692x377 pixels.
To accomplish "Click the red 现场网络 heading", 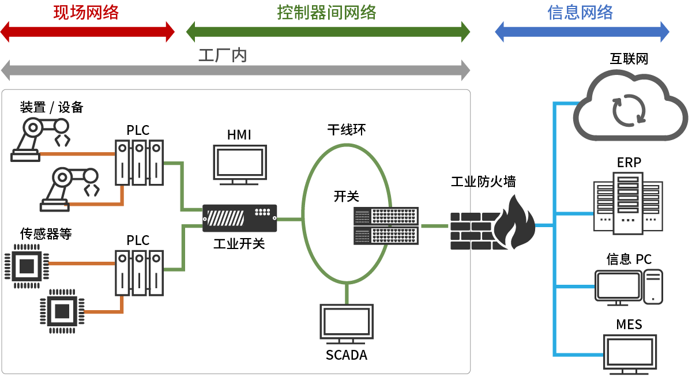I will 86,12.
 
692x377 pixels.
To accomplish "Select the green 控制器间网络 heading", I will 326,12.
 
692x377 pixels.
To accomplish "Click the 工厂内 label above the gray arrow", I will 223,56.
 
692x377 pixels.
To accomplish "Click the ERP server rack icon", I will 628,203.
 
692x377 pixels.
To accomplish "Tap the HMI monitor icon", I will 240,164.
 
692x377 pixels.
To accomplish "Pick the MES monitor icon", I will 630,354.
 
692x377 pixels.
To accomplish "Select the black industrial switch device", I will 239,218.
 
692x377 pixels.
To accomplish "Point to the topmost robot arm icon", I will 40,138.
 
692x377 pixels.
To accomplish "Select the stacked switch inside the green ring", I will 386,225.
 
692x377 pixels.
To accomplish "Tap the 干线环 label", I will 346,130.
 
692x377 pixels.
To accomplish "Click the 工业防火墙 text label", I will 483,182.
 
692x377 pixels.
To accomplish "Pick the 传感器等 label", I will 46,233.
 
